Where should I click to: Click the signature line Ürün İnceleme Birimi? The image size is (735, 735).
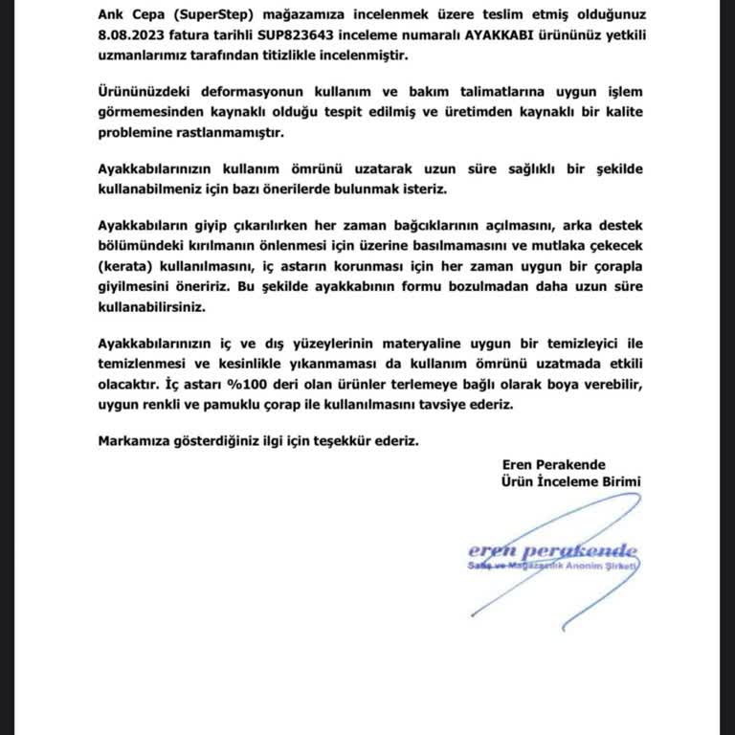[570, 481]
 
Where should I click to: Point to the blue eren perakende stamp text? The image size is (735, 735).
[552, 551]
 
